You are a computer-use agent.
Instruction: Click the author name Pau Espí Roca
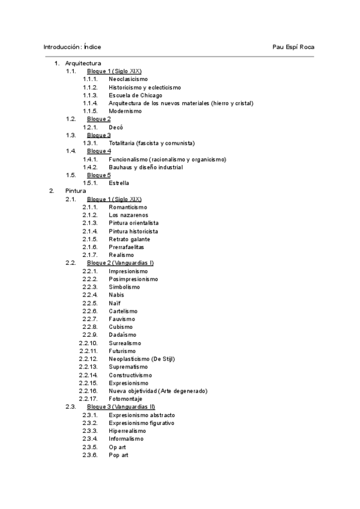(293, 46)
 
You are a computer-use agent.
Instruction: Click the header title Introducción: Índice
(72, 46)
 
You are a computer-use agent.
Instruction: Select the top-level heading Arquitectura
(83, 63)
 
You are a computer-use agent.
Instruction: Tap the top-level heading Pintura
(76, 191)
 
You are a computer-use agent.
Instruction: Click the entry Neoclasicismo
(128, 79)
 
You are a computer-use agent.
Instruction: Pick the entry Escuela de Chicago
(136, 95)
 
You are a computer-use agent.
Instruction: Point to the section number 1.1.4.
(90, 103)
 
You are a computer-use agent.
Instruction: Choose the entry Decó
(116, 127)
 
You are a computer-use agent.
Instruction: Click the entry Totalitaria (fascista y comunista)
(152, 143)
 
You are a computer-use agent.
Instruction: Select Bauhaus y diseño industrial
(146, 167)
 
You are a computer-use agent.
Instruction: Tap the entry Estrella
(119, 183)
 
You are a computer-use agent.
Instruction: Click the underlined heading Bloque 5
(99, 175)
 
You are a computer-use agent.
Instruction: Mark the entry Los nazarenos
(128, 215)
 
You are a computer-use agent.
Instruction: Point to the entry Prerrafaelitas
(127, 247)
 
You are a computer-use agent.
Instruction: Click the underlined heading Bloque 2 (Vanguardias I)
(121, 263)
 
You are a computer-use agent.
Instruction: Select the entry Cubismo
(121, 327)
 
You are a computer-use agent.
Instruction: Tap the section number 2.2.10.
(88, 343)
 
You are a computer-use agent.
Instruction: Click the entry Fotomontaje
(126, 399)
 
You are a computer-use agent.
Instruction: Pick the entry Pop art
(118, 455)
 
